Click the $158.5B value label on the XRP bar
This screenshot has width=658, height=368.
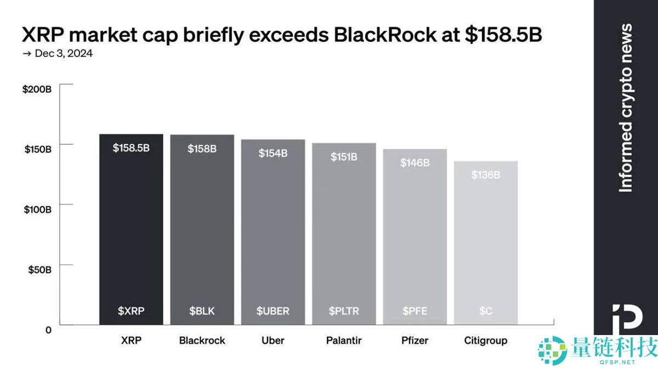click(x=131, y=148)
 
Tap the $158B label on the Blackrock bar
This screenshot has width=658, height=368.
click(x=202, y=148)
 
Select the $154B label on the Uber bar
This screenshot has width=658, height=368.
click(x=273, y=153)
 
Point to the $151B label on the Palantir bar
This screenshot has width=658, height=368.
click(x=344, y=157)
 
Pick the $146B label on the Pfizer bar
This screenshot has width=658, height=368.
click(x=415, y=163)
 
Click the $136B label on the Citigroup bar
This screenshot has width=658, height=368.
click(x=486, y=175)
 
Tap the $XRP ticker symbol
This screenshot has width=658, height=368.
click(x=131, y=311)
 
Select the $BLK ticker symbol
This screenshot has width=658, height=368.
click(x=202, y=311)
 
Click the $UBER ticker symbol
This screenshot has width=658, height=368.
click(x=273, y=311)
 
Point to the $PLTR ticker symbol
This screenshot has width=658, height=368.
click(x=344, y=311)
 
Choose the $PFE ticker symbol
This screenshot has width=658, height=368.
click(x=415, y=311)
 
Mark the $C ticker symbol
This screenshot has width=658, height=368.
click(x=486, y=311)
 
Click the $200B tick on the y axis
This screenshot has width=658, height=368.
click(x=37, y=89)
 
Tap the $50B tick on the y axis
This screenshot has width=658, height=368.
click(x=39, y=270)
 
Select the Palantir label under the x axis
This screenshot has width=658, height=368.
click(x=344, y=341)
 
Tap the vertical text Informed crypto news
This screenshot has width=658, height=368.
click(x=625, y=108)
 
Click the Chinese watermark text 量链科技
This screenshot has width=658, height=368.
click(x=606, y=347)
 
